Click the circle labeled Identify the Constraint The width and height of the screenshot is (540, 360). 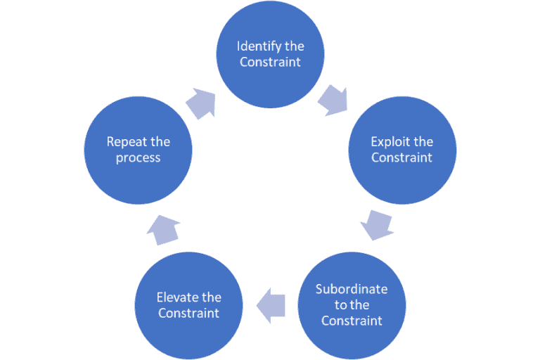tap(270, 54)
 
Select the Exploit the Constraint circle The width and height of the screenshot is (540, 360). tap(402, 150)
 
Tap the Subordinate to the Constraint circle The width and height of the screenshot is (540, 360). tap(352, 304)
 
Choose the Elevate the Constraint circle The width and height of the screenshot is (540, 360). tap(188, 304)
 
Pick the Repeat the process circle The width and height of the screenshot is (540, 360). tap(138, 150)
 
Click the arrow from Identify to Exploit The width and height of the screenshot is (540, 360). tap(332, 101)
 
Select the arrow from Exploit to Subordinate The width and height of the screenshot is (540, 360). tap(375, 226)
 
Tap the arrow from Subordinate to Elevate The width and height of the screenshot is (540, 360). tap(271, 304)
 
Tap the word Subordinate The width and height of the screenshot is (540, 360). tap(352, 289)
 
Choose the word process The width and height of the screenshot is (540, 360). tap(138, 157)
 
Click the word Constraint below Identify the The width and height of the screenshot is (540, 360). tap(270, 62)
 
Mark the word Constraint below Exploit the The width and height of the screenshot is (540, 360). tap(402, 157)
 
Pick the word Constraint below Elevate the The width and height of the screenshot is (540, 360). tap(188, 313)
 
